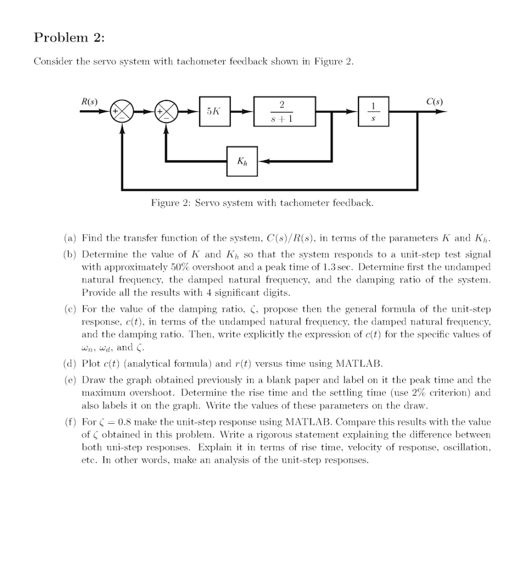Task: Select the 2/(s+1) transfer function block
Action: click(284, 111)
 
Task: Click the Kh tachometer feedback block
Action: click(242, 161)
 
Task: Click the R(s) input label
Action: click(89, 102)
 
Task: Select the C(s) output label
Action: click(434, 102)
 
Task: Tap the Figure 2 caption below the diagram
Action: click(262, 203)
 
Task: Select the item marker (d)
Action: click(70, 364)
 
